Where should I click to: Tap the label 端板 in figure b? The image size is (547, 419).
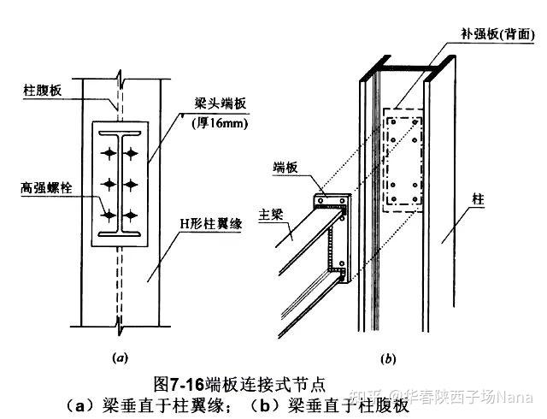(287, 168)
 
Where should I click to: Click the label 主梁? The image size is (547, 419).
(272, 209)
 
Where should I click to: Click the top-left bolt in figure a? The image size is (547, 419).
(111, 153)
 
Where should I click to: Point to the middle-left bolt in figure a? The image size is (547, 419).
(111, 184)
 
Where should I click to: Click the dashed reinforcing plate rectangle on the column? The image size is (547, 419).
(403, 158)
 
